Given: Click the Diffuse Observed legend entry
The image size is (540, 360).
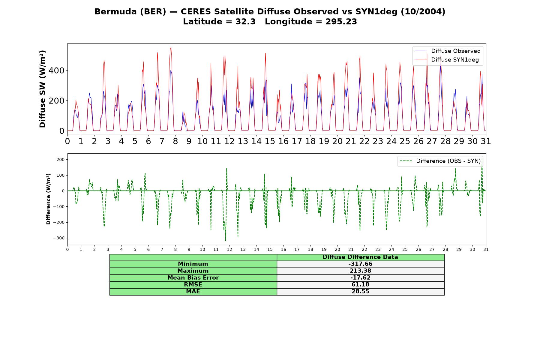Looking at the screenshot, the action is pos(448,51).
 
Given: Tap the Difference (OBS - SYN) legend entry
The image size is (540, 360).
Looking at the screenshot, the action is pos(440,161).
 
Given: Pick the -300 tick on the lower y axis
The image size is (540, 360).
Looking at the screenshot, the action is pos(59,238).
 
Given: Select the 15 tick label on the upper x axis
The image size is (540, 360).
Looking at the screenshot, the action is pos(270,141).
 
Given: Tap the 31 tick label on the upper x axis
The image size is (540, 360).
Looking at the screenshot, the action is pos(486,141).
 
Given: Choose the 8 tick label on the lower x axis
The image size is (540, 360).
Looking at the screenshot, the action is pos(175,249).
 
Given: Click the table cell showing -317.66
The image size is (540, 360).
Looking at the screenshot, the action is pos(360,264).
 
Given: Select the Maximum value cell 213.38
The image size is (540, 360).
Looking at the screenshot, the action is pos(360,271).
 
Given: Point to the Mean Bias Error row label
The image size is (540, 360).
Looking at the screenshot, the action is pos(193,278).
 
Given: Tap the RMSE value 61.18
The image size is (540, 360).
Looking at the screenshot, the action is pos(360,285).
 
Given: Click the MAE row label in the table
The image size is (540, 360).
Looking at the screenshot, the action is pos(193,292).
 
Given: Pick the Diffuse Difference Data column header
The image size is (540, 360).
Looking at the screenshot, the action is pos(360,257).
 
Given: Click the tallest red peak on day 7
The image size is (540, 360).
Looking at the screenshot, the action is pos(171,47).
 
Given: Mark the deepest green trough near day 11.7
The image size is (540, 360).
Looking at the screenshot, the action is pos(226,240).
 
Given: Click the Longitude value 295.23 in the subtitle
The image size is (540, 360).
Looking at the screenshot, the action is pos(341,22).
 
